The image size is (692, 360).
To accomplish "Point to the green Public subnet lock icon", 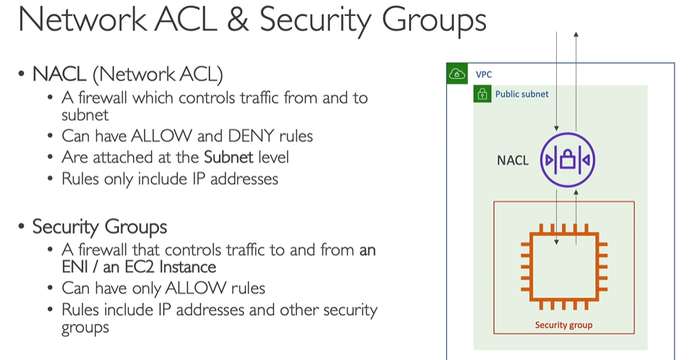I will coord(483,94).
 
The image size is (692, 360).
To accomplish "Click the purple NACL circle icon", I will coord(567,160).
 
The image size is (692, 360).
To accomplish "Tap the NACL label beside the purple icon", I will coord(513,161).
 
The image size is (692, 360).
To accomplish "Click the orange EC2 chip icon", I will coord(564,265).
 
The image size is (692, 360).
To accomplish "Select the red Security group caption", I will coord(563,325).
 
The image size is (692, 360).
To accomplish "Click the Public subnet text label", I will coord(522,94).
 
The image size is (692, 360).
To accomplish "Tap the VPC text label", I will coord(483,74).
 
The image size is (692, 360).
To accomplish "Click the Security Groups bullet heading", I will coord(99,227).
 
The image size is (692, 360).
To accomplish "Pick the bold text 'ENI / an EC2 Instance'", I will coord(139,268).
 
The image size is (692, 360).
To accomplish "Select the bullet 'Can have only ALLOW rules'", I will coord(163,289).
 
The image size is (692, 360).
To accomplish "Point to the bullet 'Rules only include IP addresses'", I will coord(169,179).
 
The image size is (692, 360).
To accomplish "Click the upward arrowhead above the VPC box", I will coord(576,34).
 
